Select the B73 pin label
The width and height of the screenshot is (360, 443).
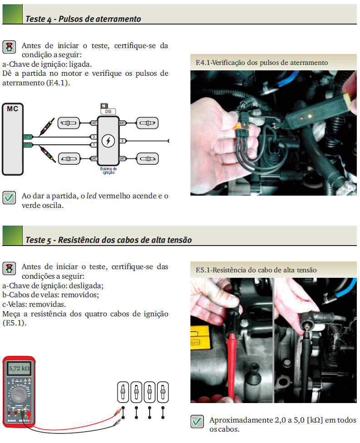[x=27, y=136]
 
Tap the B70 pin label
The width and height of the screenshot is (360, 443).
[x=27, y=145]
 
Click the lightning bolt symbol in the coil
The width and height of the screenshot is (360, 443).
[x=108, y=141]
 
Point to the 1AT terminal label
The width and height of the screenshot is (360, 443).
[x=94, y=123]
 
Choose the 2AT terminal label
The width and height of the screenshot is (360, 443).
[x=94, y=158]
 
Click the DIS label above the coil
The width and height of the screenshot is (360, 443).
[x=108, y=111]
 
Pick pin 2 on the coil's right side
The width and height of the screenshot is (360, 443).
[x=122, y=141]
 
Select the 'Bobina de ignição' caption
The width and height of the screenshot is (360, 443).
[x=108, y=171]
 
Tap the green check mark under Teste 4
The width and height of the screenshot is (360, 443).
[x=9, y=198]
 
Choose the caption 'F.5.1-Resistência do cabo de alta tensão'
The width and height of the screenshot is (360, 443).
[x=256, y=270]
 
